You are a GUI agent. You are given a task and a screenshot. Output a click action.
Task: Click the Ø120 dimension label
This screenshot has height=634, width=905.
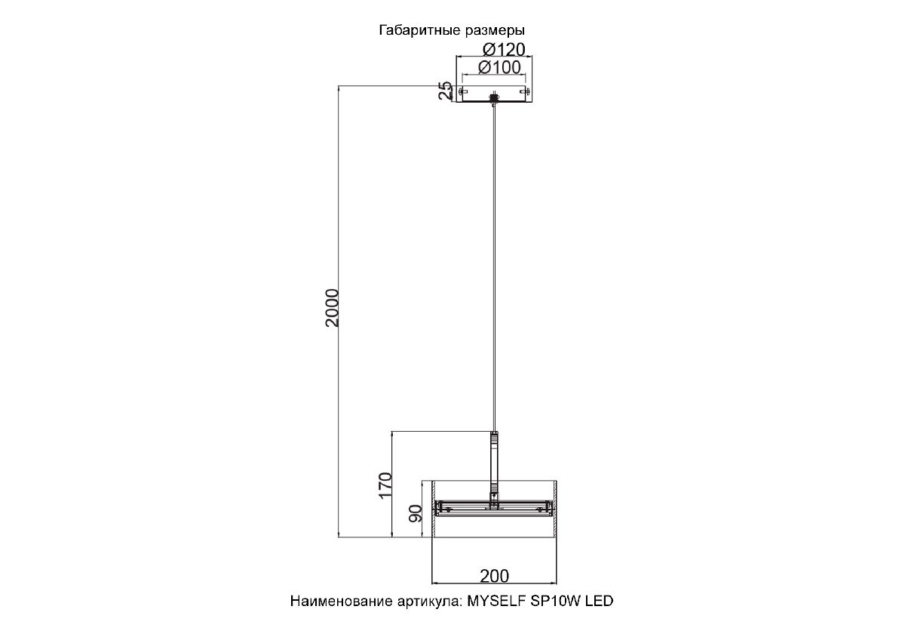pyautogui.click(x=504, y=49)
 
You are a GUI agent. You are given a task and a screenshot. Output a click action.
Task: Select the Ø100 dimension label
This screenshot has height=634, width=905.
pyautogui.click(x=499, y=67)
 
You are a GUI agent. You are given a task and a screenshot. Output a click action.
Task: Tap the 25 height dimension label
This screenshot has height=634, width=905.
pyautogui.click(x=445, y=91)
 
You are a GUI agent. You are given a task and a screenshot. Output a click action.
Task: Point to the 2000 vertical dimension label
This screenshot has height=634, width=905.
pyautogui.click(x=332, y=308)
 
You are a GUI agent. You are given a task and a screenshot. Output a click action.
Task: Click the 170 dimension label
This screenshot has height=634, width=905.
pyautogui.click(x=385, y=485)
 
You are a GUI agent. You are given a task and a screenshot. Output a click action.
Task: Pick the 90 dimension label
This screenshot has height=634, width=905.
pyautogui.click(x=416, y=513)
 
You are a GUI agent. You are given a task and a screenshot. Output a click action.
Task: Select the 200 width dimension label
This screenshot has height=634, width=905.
pyautogui.click(x=494, y=576)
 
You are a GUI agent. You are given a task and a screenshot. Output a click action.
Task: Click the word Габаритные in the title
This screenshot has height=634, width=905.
pyautogui.click(x=420, y=30)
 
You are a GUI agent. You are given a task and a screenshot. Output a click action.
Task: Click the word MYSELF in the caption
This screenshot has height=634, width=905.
pyautogui.click(x=496, y=601)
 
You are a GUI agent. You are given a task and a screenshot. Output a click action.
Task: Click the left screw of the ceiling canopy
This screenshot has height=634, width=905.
pyautogui.click(x=461, y=93)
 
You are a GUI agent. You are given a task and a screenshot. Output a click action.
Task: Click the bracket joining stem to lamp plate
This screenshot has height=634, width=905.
pyautogui.click(x=494, y=500)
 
